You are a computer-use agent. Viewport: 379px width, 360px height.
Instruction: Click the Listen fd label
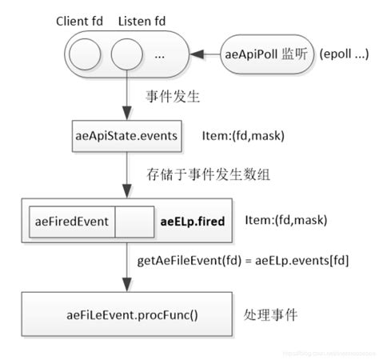click(x=142, y=21)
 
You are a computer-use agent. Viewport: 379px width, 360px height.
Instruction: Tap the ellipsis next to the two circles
click(x=158, y=56)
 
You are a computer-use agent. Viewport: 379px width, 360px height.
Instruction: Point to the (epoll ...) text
click(x=343, y=54)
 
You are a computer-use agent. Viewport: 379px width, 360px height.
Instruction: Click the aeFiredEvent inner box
click(x=72, y=222)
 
